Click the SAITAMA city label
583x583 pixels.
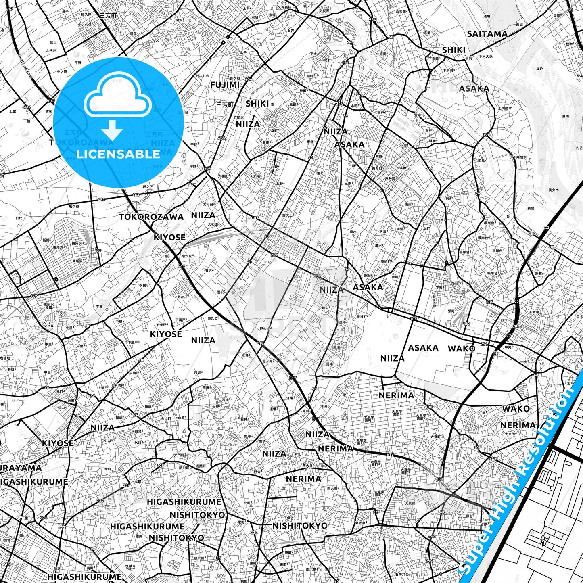[x=487, y=34]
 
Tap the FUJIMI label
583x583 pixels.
[x=225, y=85]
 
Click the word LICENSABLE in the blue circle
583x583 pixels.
[x=118, y=154]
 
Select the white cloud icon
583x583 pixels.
[x=118, y=98]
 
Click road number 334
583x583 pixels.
[x=27, y=107]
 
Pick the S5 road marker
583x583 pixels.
[x=570, y=10]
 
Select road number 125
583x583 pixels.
[x=161, y=466]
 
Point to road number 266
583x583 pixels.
[x=350, y=42]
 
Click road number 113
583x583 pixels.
[x=345, y=63]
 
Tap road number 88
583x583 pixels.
[x=552, y=247]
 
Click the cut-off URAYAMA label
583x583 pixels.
[x=20, y=468]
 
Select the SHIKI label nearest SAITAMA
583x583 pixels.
[x=453, y=50]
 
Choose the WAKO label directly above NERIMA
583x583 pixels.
[x=516, y=409]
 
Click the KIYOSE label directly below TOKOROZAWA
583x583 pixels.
[x=169, y=237]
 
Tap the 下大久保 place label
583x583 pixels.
[x=485, y=56]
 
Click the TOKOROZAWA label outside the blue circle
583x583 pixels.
[x=151, y=217]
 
